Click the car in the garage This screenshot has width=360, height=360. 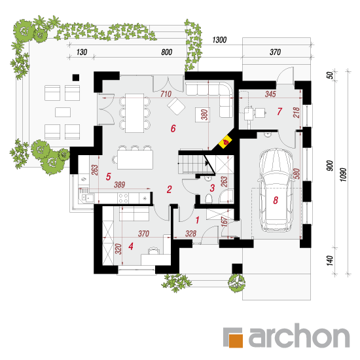[x=276, y=190]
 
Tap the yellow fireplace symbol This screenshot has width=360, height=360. [x=225, y=142]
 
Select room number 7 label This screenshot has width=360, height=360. [x=279, y=111]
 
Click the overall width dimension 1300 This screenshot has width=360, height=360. [x=219, y=40]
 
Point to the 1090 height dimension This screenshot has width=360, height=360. [x=343, y=175]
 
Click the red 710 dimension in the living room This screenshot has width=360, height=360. [x=166, y=94]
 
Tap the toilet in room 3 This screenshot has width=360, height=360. [x=208, y=198]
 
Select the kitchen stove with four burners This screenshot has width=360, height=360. [x=124, y=198]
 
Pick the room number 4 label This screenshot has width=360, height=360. [x=131, y=246]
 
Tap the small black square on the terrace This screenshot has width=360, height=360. [x=76, y=77]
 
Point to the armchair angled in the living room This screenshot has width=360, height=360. [x=176, y=106]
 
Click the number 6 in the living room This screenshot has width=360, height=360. [x=173, y=128]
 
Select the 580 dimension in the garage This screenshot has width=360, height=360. [x=297, y=174]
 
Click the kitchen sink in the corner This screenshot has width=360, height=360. [x=87, y=198]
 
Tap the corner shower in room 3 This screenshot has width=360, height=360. [x=226, y=196]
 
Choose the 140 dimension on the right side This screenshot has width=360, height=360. [x=330, y=261]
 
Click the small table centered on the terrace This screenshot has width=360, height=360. [x=63, y=113]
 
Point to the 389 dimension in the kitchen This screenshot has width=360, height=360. [x=120, y=185]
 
